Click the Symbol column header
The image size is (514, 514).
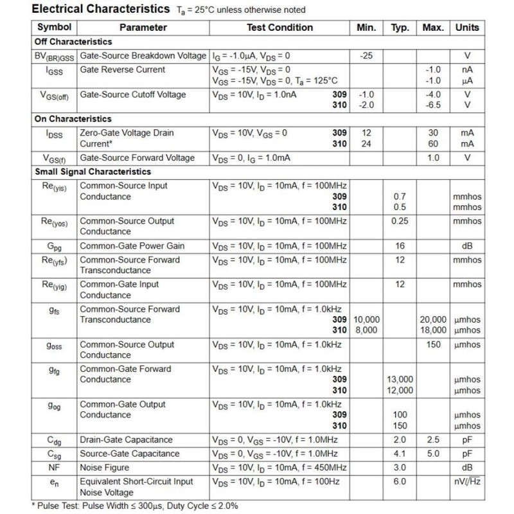(x=55, y=28)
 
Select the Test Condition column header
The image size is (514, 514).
(x=279, y=28)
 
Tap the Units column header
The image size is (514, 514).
(x=467, y=28)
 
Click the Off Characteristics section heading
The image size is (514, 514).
(x=73, y=42)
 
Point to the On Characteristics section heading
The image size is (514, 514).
(x=73, y=119)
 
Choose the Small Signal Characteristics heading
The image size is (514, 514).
(x=93, y=172)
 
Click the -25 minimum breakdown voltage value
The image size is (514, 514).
(x=366, y=56)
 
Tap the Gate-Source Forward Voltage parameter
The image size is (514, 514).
(x=137, y=158)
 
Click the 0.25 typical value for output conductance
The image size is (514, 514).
(x=400, y=221)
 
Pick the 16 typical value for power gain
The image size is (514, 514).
(x=400, y=246)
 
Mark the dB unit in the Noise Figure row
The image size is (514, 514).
(x=467, y=467)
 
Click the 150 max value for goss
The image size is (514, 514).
(x=434, y=344)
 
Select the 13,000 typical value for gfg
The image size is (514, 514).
(x=400, y=380)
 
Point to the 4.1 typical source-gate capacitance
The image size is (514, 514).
(x=400, y=454)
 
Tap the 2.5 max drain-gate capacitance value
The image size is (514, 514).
(x=434, y=440)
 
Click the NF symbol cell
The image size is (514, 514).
(x=55, y=467)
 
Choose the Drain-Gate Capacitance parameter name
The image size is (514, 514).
(x=126, y=440)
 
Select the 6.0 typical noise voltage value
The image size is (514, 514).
(x=400, y=481)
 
